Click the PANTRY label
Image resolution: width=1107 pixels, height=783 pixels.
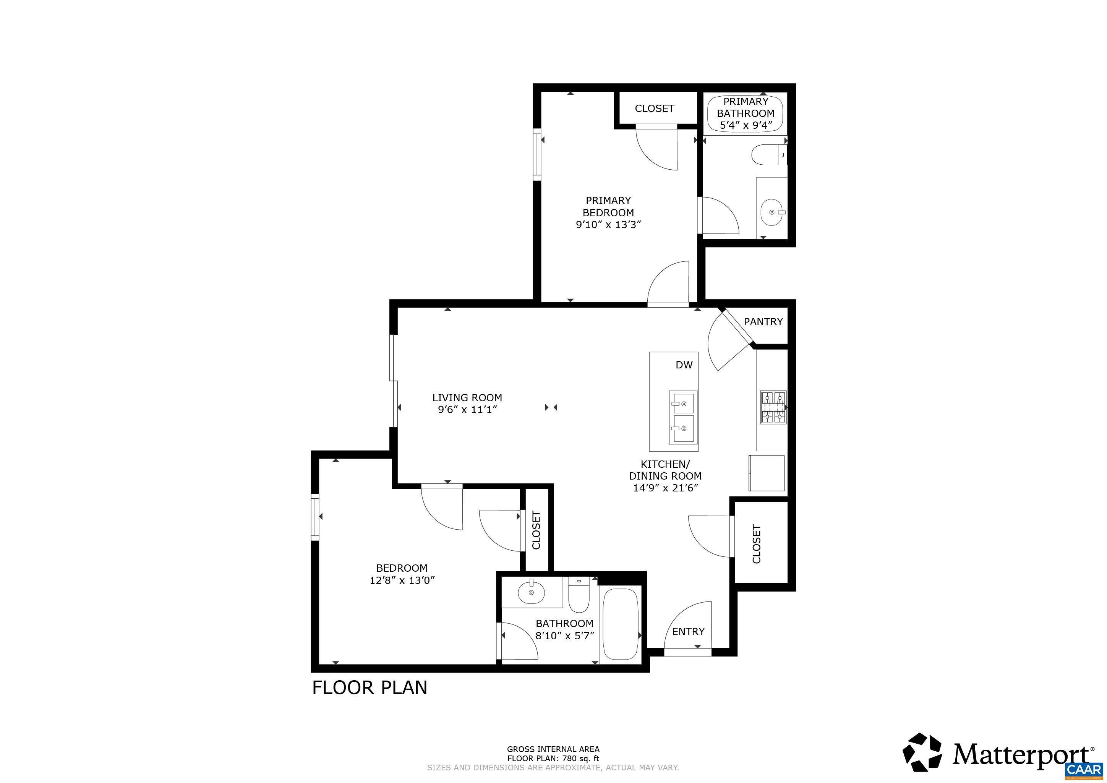click(763, 322)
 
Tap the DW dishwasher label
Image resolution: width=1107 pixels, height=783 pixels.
click(684, 365)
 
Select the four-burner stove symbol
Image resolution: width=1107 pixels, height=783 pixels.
click(773, 407)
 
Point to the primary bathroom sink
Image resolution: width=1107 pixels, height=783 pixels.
click(772, 212)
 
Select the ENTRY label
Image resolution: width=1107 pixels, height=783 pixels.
click(688, 632)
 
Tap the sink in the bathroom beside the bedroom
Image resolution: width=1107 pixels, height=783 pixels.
click(531, 592)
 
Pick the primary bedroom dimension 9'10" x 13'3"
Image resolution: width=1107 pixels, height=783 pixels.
click(608, 225)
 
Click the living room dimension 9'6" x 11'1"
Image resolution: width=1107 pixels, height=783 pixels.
click(467, 410)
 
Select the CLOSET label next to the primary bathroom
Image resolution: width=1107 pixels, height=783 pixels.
click(654, 109)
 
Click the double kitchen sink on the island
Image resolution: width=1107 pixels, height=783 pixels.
click(683, 417)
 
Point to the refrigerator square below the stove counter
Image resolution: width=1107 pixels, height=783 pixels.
click(766, 473)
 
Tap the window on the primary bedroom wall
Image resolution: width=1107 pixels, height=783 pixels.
click(536, 154)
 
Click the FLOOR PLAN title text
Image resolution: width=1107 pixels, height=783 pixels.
click(370, 687)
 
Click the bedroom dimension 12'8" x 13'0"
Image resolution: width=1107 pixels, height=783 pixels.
click(402, 580)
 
